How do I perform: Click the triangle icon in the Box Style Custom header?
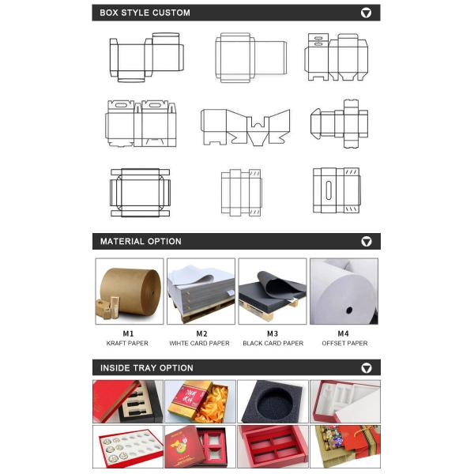coord(366,13)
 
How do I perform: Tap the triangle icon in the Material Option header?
coord(367,241)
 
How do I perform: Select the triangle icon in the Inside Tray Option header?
coord(367,367)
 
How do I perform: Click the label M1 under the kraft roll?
coord(128,333)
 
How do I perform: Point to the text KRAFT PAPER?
coord(127,343)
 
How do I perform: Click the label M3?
coord(273,333)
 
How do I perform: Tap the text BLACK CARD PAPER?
coord(273,343)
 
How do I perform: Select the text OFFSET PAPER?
coord(344,343)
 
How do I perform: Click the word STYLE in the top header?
coord(135,13)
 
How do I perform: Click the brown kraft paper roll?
coord(130,292)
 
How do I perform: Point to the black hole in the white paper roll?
coord(349,310)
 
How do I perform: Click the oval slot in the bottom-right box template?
coord(329,190)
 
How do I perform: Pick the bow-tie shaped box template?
coord(246,127)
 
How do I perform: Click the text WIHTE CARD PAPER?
coord(200,343)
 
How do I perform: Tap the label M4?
coord(343,333)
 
